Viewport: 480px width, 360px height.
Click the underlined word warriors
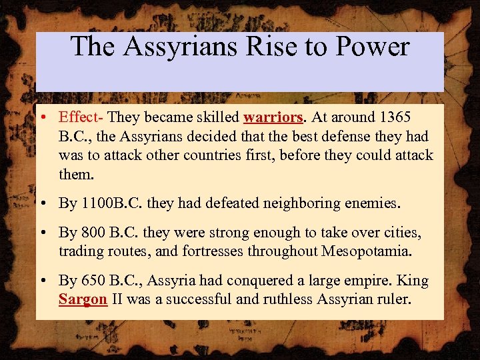[x=273, y=118]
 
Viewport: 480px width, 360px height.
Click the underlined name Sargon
[x=83, y=299]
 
